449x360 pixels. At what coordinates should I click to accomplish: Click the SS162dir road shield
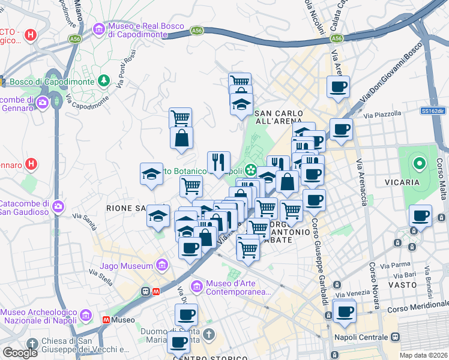point(432,111)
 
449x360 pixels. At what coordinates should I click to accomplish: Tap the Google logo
point(20,353)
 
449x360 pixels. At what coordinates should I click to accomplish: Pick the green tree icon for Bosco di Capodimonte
point(104,80)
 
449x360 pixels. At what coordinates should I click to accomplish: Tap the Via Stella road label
point(101,277)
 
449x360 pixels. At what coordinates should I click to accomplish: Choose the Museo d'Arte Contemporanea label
point(237,288)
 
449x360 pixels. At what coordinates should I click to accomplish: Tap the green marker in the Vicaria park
point(418,162)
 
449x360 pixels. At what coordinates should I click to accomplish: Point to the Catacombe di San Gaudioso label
point(25,206)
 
